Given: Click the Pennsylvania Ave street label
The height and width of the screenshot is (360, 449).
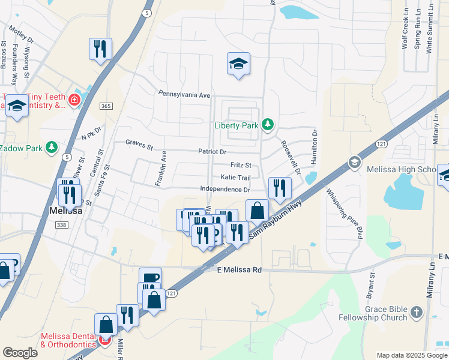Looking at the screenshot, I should point(184,95).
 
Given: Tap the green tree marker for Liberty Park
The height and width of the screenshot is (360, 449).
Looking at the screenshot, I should point(268,125).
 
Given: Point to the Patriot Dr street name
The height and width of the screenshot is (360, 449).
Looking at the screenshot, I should point(212,152).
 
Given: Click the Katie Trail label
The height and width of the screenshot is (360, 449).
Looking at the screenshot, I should point(235,178).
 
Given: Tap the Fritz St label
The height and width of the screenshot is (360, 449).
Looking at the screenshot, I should point(240,165).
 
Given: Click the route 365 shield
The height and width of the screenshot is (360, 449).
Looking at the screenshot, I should point(106,106).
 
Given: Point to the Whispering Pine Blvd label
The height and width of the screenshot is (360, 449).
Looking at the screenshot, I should point(345,214).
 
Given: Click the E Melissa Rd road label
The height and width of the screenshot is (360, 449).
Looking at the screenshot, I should point(240,271).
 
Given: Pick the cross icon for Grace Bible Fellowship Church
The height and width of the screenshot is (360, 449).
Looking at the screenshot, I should point(417,313).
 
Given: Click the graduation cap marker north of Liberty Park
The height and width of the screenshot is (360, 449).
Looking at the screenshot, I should point(238,64).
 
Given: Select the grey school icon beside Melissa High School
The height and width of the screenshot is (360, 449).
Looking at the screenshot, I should point(355,163).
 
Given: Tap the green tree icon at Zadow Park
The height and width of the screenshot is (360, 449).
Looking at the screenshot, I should point(52,147).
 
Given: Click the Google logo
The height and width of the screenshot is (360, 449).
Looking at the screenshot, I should point(20,353).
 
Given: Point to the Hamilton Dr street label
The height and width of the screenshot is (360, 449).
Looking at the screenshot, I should point(313,146).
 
